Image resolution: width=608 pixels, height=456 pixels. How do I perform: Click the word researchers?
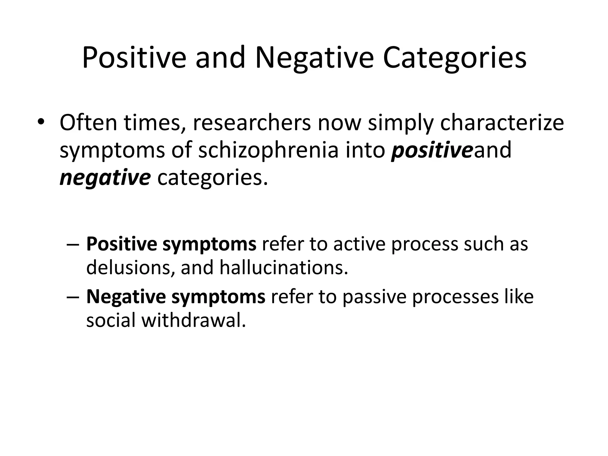(252, 123)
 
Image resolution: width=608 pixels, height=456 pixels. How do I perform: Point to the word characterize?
(502, 123)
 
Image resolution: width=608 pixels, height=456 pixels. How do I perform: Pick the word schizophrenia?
(268, 150)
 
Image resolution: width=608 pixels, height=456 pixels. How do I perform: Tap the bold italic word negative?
(105, 178)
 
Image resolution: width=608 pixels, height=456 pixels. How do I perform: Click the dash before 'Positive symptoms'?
(73, 245)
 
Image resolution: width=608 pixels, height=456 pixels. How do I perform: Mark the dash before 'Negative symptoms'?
(73, 297)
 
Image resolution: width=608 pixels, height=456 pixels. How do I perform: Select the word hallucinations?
(284, 267)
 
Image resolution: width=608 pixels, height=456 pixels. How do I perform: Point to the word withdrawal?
(194, 320)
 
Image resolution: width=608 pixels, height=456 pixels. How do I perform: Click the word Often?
(88, 123)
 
